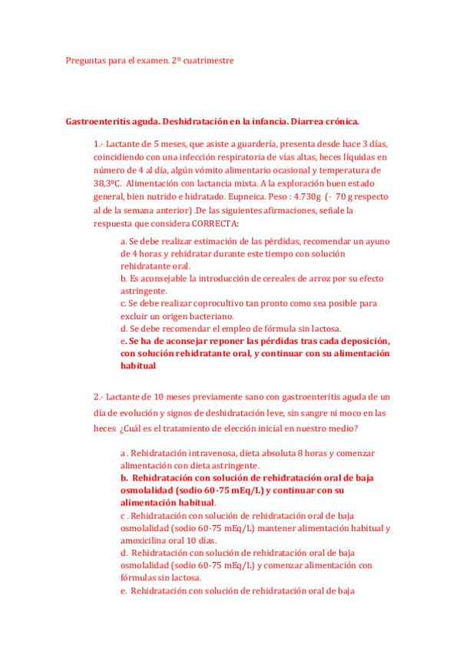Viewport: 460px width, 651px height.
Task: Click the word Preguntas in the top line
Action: tap(87, 60)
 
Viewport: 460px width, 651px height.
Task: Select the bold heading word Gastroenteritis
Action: tap(101, 121)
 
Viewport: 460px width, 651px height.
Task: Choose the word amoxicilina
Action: tap(148, 540)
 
